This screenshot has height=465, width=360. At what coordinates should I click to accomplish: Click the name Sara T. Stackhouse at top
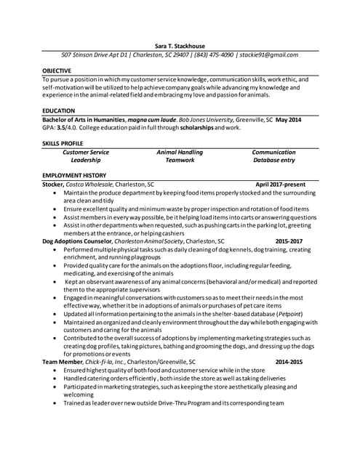[180, 44]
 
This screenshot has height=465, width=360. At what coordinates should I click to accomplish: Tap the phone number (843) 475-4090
[215, 54]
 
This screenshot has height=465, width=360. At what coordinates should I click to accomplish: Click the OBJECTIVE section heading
[56, 70]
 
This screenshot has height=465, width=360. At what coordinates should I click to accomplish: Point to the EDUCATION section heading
[58, 110]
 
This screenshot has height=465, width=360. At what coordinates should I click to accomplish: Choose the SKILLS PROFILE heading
[63, 144]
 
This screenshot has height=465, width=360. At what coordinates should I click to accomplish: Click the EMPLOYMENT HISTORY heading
[74, 176]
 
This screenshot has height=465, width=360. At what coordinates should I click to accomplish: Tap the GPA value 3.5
[63, 127]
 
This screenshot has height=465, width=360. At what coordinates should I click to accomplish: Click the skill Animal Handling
[180, 152]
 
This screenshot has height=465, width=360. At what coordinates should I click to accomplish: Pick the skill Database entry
[273, 160]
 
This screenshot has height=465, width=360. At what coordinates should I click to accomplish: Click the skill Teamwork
[180, 160]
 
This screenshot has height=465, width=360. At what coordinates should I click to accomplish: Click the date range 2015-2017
[289, 240]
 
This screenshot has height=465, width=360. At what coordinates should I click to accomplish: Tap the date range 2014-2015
[289, 361]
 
